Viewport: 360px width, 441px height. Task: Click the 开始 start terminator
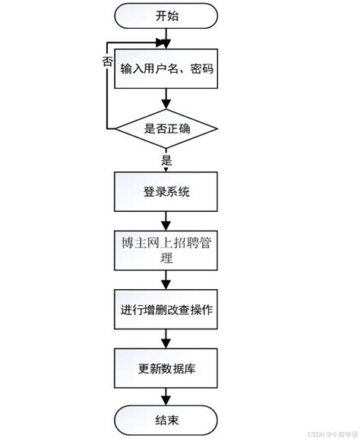point(166,14)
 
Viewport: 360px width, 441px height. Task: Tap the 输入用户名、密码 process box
point(166,69)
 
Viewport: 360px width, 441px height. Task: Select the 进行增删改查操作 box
point(166,309)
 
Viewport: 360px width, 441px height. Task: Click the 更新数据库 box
point(166,370)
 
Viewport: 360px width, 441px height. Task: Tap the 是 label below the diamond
point(166,160)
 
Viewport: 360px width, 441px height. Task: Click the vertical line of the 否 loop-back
point(107,91)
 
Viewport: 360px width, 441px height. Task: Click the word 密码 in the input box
point(201,69)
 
